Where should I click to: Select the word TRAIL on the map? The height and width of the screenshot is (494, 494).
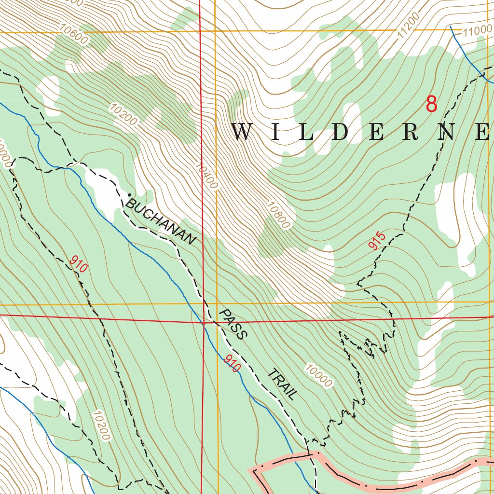tap(282, 384)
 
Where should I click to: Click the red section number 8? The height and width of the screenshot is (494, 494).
tap(431, 104)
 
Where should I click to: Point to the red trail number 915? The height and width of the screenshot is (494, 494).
tap(377, 241)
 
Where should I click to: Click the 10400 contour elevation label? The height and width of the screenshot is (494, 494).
tap(206, 175)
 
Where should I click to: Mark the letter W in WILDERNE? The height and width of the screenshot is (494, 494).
tap(243, 132)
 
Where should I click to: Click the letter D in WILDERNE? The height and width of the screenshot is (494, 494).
tap(341, 132)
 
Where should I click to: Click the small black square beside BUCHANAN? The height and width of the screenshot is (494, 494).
tap(129, 195)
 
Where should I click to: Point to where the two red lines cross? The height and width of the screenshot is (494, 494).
tap(203, 322)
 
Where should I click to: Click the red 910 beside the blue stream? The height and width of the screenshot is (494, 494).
tap(232, 363)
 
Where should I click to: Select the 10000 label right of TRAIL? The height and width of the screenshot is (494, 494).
tap(318, 376)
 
